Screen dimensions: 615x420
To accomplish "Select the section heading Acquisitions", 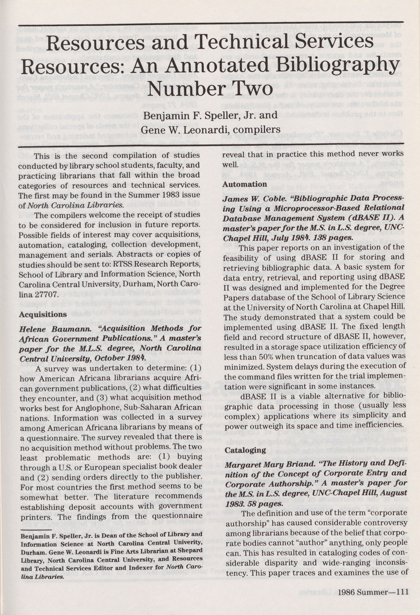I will coord(43,315).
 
